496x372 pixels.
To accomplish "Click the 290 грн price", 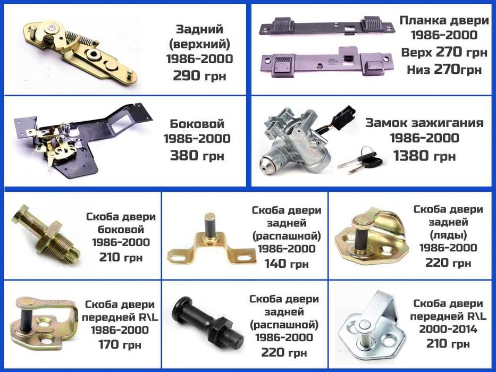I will [x=199, y=75].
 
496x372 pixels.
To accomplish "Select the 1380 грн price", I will [x=424, y=155].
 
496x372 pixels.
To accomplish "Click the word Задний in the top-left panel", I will [x=199, y=29].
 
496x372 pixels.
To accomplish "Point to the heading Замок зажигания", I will [x=424, y=123].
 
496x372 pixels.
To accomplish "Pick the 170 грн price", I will [x=120, y=344].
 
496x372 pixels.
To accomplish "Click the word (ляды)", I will [x=448, y=235].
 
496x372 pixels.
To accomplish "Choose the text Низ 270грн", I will [x=444, y=69].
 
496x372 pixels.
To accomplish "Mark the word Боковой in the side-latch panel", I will [x=197, y=123].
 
